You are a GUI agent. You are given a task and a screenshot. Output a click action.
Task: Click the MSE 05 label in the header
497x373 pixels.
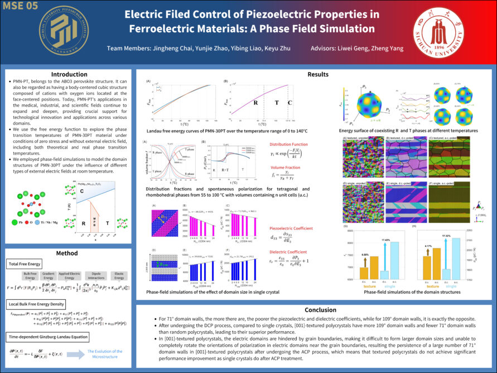pos(20,6)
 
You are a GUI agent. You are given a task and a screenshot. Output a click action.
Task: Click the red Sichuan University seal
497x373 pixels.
pos(438,33)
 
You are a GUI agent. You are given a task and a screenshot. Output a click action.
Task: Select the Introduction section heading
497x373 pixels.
pos(69,74)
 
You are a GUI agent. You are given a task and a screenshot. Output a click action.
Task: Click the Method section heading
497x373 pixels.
pos(69,253)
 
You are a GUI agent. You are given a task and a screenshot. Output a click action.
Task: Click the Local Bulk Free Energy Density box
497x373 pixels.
pos(37,304)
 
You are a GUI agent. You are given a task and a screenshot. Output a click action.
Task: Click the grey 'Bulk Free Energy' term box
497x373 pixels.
pos(30,276)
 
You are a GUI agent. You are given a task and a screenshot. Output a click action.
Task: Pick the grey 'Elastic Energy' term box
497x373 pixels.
pos(118,276)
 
